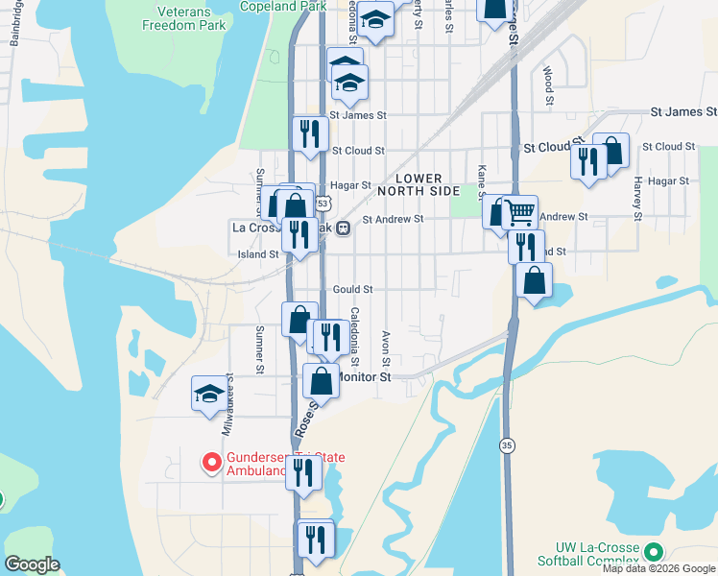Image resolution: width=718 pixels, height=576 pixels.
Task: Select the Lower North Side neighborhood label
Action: point(419,185)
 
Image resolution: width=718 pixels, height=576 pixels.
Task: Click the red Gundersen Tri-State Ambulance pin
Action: point(209,463)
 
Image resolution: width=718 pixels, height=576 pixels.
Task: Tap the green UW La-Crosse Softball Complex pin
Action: point(654,552)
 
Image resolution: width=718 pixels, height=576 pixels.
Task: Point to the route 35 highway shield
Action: point(506,445)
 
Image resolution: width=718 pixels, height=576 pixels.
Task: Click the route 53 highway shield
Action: point(323,204)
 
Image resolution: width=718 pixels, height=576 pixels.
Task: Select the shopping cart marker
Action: point(519,211)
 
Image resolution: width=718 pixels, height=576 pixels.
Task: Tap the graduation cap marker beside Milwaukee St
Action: point(209,394)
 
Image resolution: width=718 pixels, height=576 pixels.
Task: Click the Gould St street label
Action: point(352,289)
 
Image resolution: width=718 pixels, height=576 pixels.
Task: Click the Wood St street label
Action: point(548,85)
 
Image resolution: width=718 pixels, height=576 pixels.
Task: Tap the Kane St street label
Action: point(481,181)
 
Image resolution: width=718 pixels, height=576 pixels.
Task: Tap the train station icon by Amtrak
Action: point(342,228)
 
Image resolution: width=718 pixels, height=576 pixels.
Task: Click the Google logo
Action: point(32,564)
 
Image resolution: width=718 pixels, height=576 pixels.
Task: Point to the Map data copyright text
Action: point(658,568)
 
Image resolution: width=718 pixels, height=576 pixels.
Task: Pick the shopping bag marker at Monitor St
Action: point(321,381)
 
